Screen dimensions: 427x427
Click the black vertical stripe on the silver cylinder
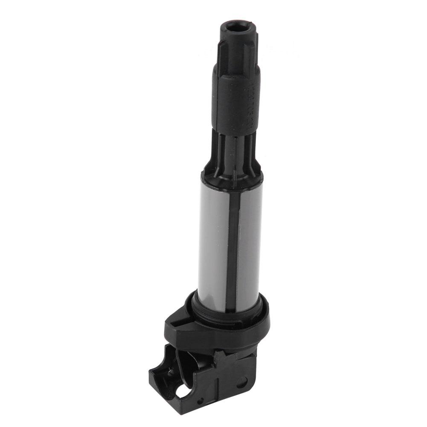coord(232,239)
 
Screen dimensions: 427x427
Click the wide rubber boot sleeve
coord(235,100)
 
